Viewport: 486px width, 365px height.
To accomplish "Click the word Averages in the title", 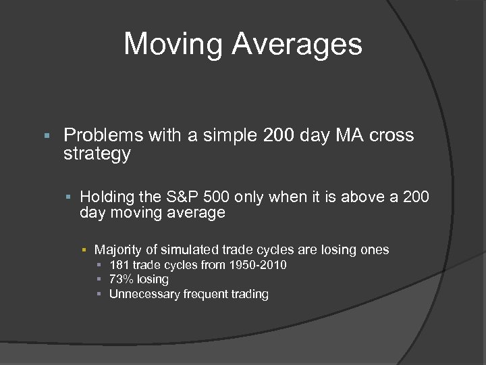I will (x=297, y=45).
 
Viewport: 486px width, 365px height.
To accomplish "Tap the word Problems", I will (x=103, y=136).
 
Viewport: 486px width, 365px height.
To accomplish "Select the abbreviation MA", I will (x=350, y=136).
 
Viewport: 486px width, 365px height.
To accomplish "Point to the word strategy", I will (x=97, y=153).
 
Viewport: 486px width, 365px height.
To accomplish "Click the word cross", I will (x=391, y=136).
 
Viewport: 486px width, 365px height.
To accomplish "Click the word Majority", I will (x=119, y=249).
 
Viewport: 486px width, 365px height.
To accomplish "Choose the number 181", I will (x=119, y=265).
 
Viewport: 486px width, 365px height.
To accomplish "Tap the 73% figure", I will (x=120, y=279).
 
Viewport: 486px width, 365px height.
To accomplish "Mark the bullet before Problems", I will (x=45, y=136).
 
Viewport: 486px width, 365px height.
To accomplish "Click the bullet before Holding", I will (x=69, y=197).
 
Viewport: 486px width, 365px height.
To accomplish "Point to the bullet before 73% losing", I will (x=99, y=280).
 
